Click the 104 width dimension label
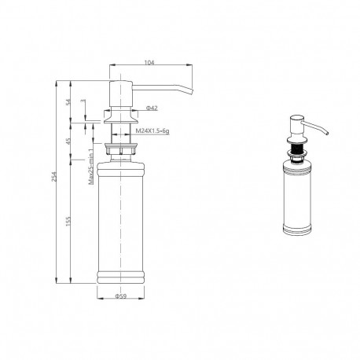(149, 62)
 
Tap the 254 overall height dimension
(54, 176)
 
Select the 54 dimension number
(68, 102)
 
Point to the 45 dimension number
(68, 141)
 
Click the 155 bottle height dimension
(68, 222)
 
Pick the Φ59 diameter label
(121, 296)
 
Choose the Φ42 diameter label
(152, 108)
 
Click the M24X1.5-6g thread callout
(152, 131)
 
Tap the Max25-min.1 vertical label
(91, 166)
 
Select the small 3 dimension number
(83, 101)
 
